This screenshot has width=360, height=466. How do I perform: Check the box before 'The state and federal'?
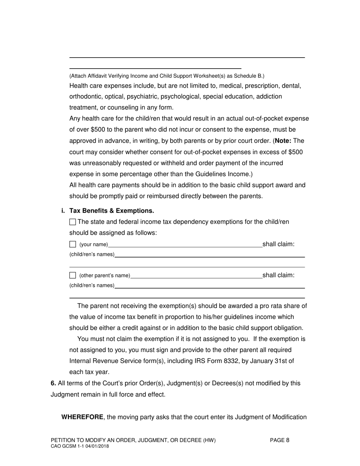73,222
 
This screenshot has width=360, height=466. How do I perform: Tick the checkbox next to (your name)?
73,244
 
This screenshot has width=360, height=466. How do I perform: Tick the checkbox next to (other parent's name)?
73,275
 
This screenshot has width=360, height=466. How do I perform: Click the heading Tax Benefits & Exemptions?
112,211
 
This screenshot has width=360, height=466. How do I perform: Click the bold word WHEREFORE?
82,417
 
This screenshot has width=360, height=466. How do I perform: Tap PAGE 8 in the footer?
280,440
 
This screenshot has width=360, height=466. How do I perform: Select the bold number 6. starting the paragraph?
53,383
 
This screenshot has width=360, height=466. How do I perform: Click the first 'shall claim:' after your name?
278,244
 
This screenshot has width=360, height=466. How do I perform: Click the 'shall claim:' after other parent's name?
278,275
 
